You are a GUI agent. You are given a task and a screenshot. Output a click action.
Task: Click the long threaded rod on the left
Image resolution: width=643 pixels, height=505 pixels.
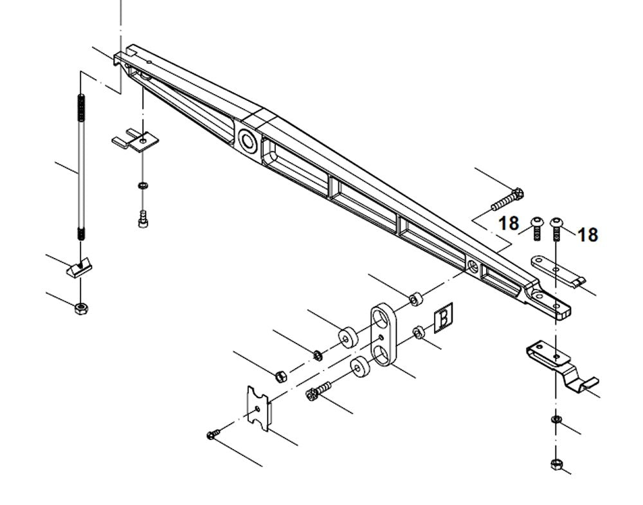pyautogui.click(x=80, y=167)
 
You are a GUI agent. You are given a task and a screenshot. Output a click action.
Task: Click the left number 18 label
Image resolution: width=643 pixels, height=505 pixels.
pyautogui.click(x=508, y=223)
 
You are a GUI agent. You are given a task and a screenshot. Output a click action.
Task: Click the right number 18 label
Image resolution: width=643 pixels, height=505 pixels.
pyautogui.click(x=587, y=235)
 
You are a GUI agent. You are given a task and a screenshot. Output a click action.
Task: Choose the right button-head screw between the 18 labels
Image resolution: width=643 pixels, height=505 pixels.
pyautogui.click(x=556, y=228)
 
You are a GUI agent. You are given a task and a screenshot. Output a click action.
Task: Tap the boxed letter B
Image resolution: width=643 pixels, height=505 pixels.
pyautogui.click(x=443, y=319)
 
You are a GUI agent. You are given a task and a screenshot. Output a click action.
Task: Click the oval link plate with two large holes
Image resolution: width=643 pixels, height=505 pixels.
pyautogui.click(x=383, y=336)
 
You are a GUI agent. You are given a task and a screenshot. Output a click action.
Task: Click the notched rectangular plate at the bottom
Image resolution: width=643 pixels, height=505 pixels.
pyautogui.click(x=259, y=409)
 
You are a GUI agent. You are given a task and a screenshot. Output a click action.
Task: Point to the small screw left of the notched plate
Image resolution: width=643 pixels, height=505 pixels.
pyautogui.click(x=213, y=435)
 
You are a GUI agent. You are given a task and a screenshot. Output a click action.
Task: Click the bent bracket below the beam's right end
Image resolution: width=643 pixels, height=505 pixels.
pyautogui.click(x=561, y=363)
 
